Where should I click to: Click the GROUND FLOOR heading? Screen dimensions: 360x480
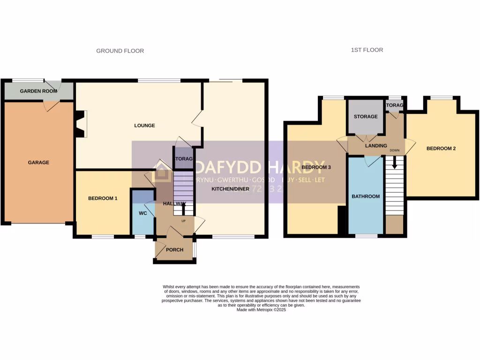click(120, 51)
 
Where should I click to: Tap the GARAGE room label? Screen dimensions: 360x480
click(38, 163)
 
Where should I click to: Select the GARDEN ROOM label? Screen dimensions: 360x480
click(38, 91)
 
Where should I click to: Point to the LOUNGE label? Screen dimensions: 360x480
click(144, 126)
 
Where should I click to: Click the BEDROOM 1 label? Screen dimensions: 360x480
click(103, 199)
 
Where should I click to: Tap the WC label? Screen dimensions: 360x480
click(142, 213)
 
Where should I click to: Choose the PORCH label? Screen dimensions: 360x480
click(175, 250)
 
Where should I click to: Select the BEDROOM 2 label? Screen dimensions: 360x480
click(441, 149)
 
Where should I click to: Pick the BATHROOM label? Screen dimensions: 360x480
click(366, 196)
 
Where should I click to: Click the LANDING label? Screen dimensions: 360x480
click(376, 146)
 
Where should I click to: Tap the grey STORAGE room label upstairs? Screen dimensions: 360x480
click(366, 117)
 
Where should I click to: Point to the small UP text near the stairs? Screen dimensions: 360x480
click(183, 221)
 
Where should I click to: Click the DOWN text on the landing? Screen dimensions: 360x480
click(395, 150)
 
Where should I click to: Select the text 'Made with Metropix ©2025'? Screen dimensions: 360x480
click(261, 310)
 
